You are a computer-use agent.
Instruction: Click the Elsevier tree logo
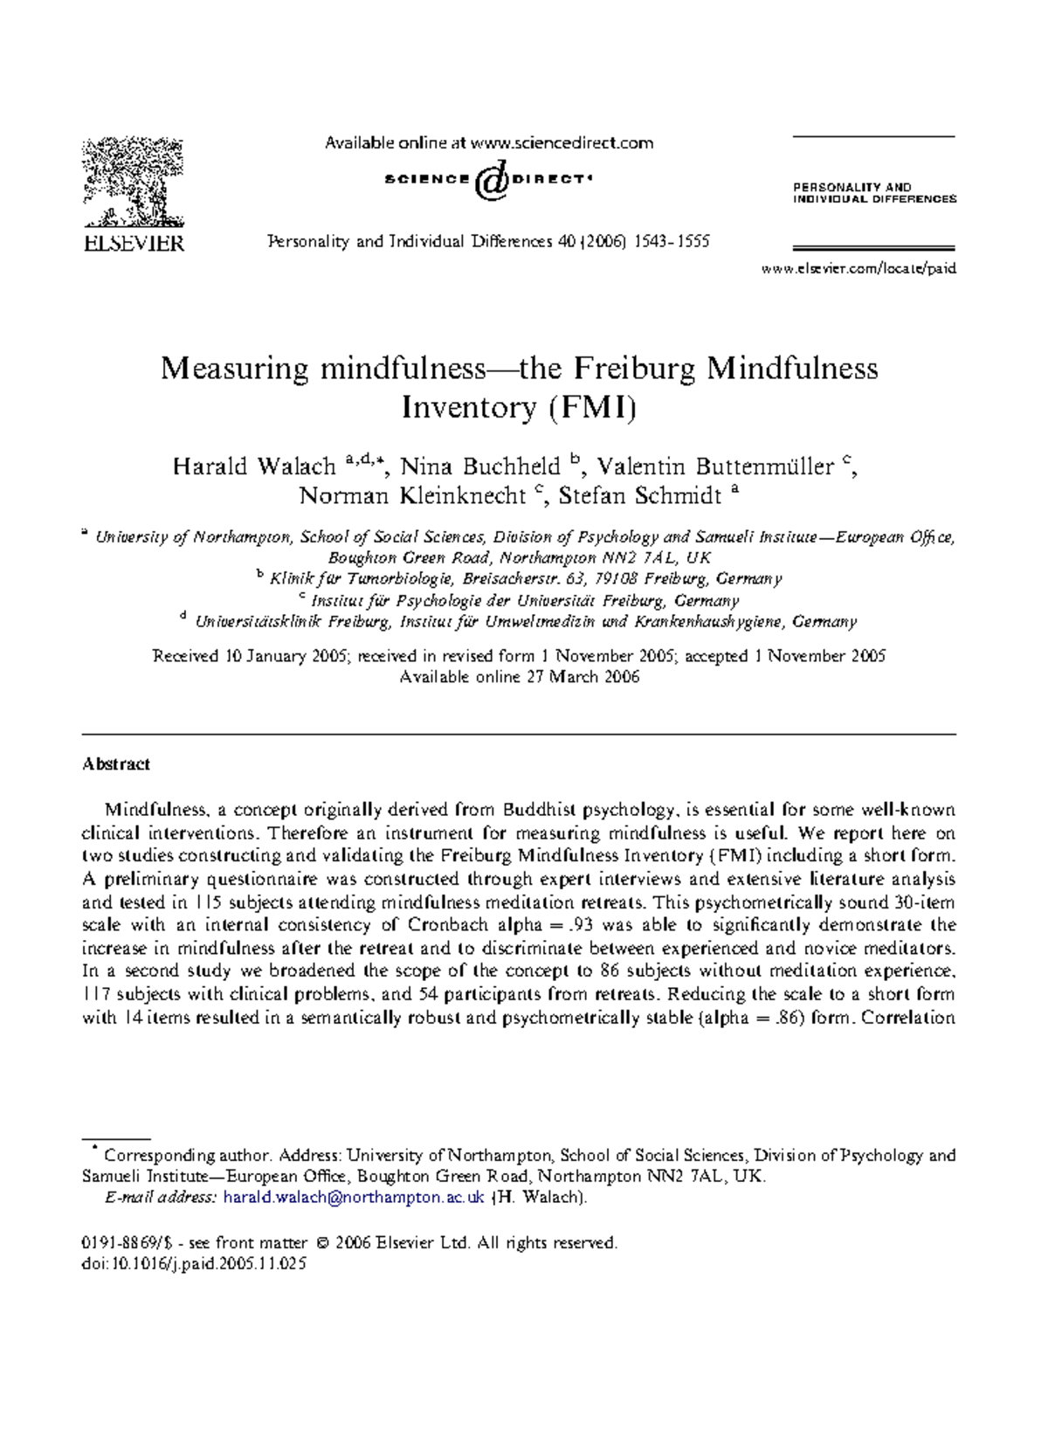coord(133,182)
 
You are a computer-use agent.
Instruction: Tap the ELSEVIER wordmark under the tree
coord(134,244)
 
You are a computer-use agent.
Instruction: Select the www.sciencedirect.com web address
coord(562,143)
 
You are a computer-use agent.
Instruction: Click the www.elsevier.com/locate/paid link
coord(858,269)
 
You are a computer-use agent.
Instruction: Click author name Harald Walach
coord(254,466)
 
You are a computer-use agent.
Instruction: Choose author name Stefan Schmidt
coord(640,496)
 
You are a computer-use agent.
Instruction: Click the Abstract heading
coord(116,764)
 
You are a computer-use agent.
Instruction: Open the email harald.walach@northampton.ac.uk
coord(354,1198)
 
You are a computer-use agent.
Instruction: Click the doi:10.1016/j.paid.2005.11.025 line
coord(194,1264)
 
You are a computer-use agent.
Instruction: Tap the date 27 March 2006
coord(583,677)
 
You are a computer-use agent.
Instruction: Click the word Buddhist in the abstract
coord(539,810)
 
